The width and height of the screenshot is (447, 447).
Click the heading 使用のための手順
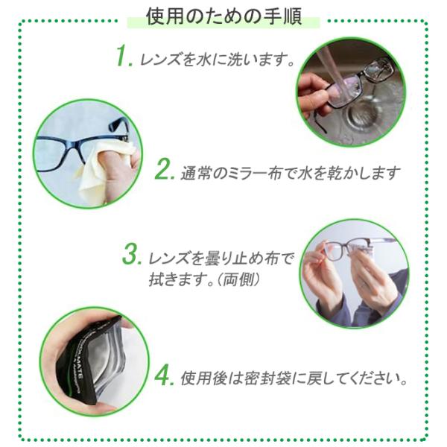point(223,17)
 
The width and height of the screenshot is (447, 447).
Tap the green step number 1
point(124,57)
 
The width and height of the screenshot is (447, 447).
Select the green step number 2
point(165,169)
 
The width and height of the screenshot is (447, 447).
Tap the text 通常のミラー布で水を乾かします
point(291,173)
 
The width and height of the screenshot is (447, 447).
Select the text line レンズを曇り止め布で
point(221,259)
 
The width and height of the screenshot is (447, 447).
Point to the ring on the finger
point(364,285)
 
